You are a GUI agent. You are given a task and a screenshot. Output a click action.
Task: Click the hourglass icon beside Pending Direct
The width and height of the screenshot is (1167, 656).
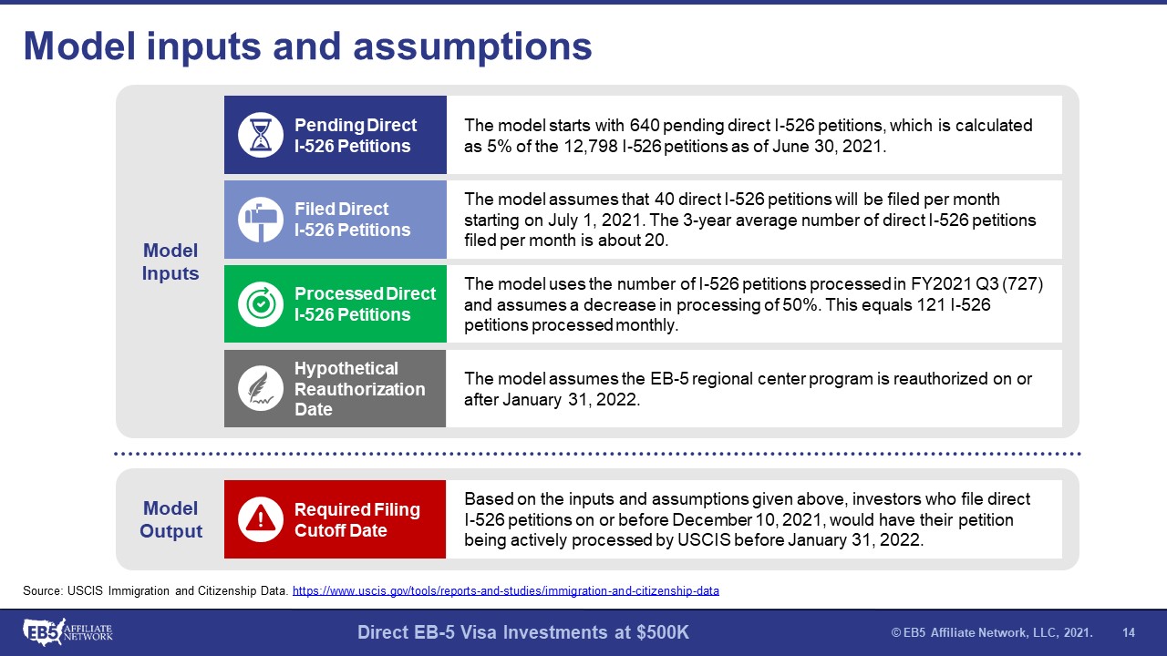point(261,135)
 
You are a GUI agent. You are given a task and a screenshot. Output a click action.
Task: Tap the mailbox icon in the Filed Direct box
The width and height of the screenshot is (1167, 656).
point(261,220)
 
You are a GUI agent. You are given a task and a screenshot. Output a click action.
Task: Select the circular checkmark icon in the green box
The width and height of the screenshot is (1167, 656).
point(261,304)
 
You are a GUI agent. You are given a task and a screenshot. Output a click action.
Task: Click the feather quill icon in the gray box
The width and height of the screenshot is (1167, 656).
point(261,388)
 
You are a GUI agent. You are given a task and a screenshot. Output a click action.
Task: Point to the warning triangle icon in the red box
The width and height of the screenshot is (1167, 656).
point(261,519)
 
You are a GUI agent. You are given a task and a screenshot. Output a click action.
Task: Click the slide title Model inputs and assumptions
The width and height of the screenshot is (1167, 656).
point(308,46)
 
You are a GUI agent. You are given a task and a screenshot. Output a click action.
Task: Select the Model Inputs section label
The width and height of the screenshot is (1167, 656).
point(170,261)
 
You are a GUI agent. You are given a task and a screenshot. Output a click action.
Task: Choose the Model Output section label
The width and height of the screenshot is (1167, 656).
point(170,519)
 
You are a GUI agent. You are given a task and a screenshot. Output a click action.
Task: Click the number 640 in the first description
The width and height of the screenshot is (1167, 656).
point(645,126)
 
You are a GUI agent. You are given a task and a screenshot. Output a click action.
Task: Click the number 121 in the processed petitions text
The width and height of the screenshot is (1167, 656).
point(931,304)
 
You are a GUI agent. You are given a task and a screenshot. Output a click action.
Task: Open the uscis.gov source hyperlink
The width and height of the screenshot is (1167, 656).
point(505,591)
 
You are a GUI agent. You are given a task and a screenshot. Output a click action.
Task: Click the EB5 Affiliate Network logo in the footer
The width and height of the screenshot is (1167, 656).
point(67,632)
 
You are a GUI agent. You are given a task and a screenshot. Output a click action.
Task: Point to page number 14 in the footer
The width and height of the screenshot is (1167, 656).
point(1129,632)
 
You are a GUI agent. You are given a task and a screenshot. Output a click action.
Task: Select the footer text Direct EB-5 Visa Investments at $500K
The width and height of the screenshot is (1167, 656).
point(523,632)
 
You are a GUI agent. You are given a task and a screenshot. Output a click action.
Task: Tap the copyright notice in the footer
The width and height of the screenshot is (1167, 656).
point(992,632)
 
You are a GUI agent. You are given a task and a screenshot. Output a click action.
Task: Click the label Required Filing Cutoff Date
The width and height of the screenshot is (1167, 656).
point(356,519)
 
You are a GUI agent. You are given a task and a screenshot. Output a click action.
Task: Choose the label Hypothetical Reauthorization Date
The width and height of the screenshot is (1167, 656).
point(359,389)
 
